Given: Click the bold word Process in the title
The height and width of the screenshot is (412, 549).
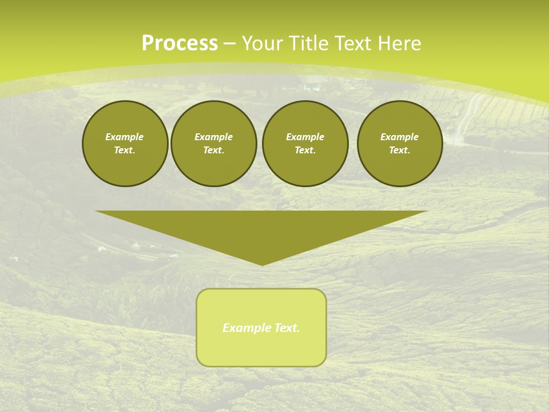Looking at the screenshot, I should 180,43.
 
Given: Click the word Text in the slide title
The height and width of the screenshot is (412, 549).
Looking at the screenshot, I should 353,43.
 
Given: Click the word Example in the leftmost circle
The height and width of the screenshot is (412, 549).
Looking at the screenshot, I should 125,137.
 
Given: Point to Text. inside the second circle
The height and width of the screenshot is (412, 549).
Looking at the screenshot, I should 213,150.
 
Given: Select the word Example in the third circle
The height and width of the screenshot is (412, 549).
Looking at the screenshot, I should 305,137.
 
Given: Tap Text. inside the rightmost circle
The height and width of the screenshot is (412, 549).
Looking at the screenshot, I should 399,150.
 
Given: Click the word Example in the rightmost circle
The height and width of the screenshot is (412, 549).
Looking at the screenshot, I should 399,137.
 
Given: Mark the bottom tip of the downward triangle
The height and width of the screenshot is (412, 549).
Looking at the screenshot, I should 262,264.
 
